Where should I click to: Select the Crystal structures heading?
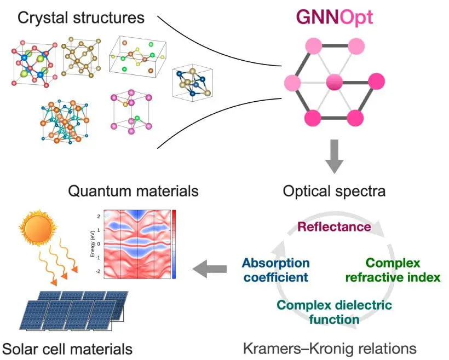click(x=81, y=18)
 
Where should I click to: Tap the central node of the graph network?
click(x=334, y=84)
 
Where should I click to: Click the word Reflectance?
click(x=334, y=226)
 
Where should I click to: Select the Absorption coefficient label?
click(x=275, y=270)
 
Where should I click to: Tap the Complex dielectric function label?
click(x=334, y=312)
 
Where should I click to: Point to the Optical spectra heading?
click(x=334, y=191)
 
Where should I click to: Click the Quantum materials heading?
click(x=133, y=191)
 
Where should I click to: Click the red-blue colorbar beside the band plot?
click(x=174, y=243)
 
